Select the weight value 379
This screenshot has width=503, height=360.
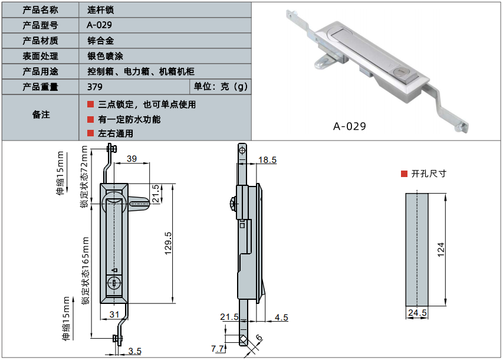(94, 87)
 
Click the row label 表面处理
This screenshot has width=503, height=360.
(40, 56)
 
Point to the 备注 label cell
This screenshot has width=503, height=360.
(41, 114)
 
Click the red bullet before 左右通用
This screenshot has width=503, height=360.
(90, 133)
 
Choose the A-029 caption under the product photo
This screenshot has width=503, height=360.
(349, 126)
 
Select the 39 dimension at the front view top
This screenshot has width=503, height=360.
(131, 158)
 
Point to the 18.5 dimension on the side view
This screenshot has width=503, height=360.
(267, 160)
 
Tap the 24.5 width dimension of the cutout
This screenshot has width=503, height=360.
(416, 313)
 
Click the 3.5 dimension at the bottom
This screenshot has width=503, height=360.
(134, 351)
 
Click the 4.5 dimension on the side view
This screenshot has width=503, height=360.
(281, 318)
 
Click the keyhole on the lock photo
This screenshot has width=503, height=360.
(400, 71)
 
